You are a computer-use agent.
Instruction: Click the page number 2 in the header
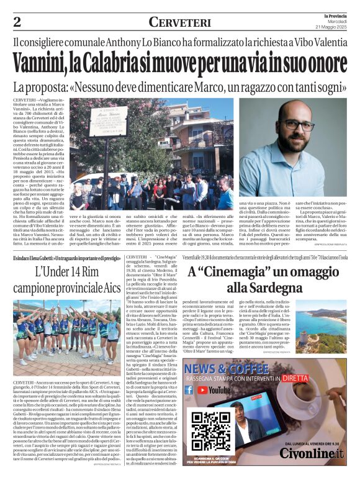pyautogui.click(x=17, y=22)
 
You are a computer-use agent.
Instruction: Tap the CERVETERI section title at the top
pyautogui.click(x=180, y=22)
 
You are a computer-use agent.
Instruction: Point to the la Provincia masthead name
pyautogui.click(x=336, y=14)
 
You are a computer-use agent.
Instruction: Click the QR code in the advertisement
pyautogui.click(x=210, y=430)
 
